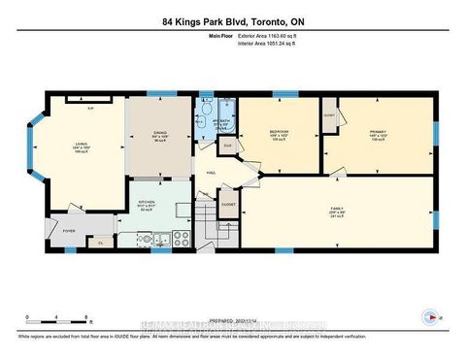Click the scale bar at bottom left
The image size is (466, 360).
(58, 317)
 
